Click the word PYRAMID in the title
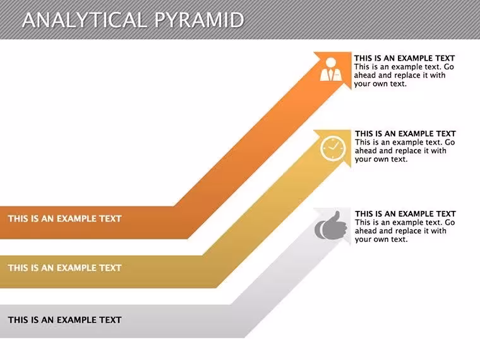[x=199, y=20]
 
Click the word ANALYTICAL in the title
[x=85, y=20]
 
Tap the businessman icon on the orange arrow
[x=331, y=69]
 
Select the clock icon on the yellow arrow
[x=333, y=148]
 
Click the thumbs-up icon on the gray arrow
[x=331, y=225]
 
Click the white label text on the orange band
[x=65, y=219]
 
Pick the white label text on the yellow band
[x=65, y=268]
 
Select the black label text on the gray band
[x=65, y=320]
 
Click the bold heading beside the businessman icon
[x=405, y=58]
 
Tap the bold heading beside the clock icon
[x=405, y=133]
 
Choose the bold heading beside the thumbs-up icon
[x=405, y=213]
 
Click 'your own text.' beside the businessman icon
[x=380, y=84]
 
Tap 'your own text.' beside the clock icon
[x=381, y=159]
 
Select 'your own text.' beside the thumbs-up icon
[x=381, y=239]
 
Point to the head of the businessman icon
[x=331, y=63]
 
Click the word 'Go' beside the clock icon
[x=450, y=142]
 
